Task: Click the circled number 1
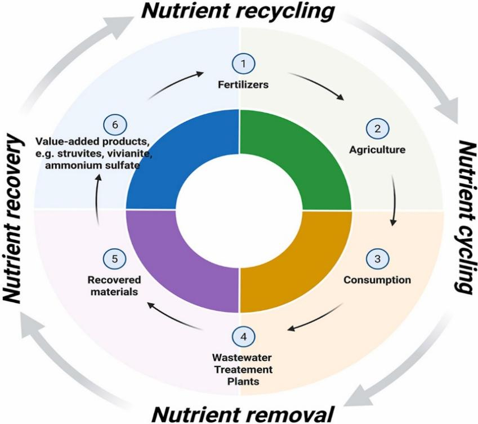(243, 64)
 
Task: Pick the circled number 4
(243, 336)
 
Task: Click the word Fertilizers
(243, 86)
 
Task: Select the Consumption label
(378, 279)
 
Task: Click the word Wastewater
(243, 358)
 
